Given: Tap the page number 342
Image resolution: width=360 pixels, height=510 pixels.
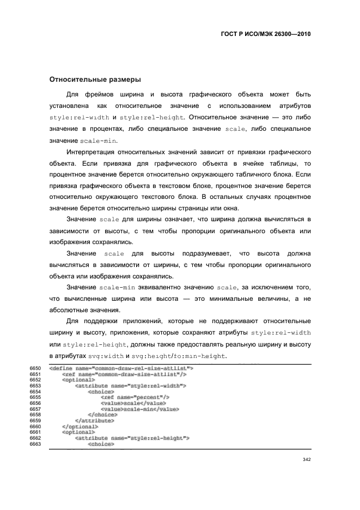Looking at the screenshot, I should pos(306,459).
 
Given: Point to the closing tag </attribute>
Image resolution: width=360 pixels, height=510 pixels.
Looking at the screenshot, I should pos(94,420).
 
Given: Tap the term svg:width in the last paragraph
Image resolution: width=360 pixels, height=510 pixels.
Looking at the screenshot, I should pos(106,356).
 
